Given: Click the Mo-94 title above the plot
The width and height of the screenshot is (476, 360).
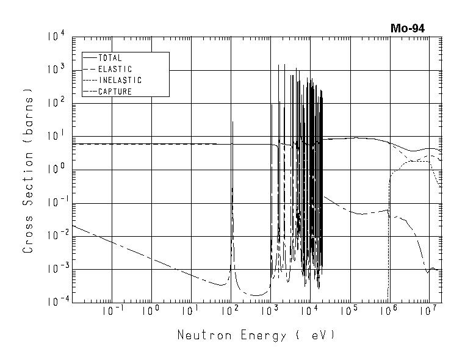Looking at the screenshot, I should coord(407,28).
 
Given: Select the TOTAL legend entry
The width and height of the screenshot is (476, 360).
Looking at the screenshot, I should coord(110,59).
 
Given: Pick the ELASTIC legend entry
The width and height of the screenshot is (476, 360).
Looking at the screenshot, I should coord(115,70).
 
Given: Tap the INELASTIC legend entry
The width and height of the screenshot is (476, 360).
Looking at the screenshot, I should coord(120,81).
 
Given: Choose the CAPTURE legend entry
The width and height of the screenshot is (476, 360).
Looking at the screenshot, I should coord(115,92).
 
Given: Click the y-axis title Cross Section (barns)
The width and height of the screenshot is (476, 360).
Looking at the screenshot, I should coord(28,170).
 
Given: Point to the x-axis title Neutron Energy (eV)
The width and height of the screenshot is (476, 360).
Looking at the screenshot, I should coord(256,335).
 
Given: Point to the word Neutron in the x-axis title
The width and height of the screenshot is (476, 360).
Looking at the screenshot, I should coord(199,335).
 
